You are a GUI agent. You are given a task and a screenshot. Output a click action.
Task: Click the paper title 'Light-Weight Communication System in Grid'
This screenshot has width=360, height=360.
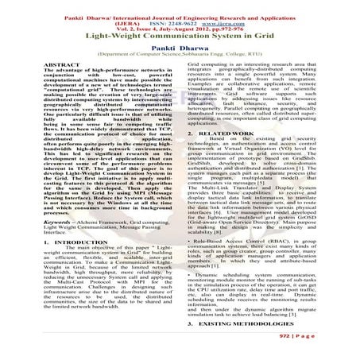click(x=180, y=37)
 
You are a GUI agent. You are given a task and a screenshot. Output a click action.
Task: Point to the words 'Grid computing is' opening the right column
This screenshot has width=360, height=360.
click(x=210, y=60)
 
